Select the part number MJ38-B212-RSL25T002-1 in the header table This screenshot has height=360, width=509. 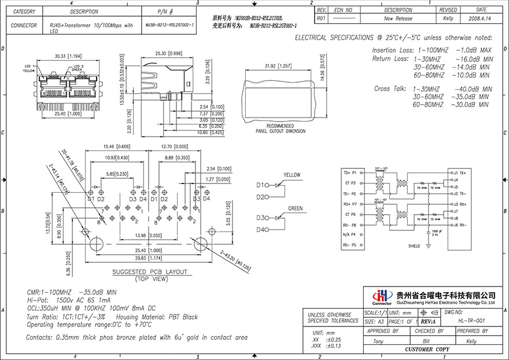tap(169, 25)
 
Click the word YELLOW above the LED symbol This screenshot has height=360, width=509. tap(292, 175)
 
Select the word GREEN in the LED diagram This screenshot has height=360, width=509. tap(295, 208)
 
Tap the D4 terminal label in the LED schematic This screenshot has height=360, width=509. tap(261, 230)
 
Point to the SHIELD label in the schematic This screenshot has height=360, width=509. tap(414, 246)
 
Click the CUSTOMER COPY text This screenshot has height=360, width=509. tap(427, 350)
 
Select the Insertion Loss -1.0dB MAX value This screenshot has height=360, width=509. tap(473, 51)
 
